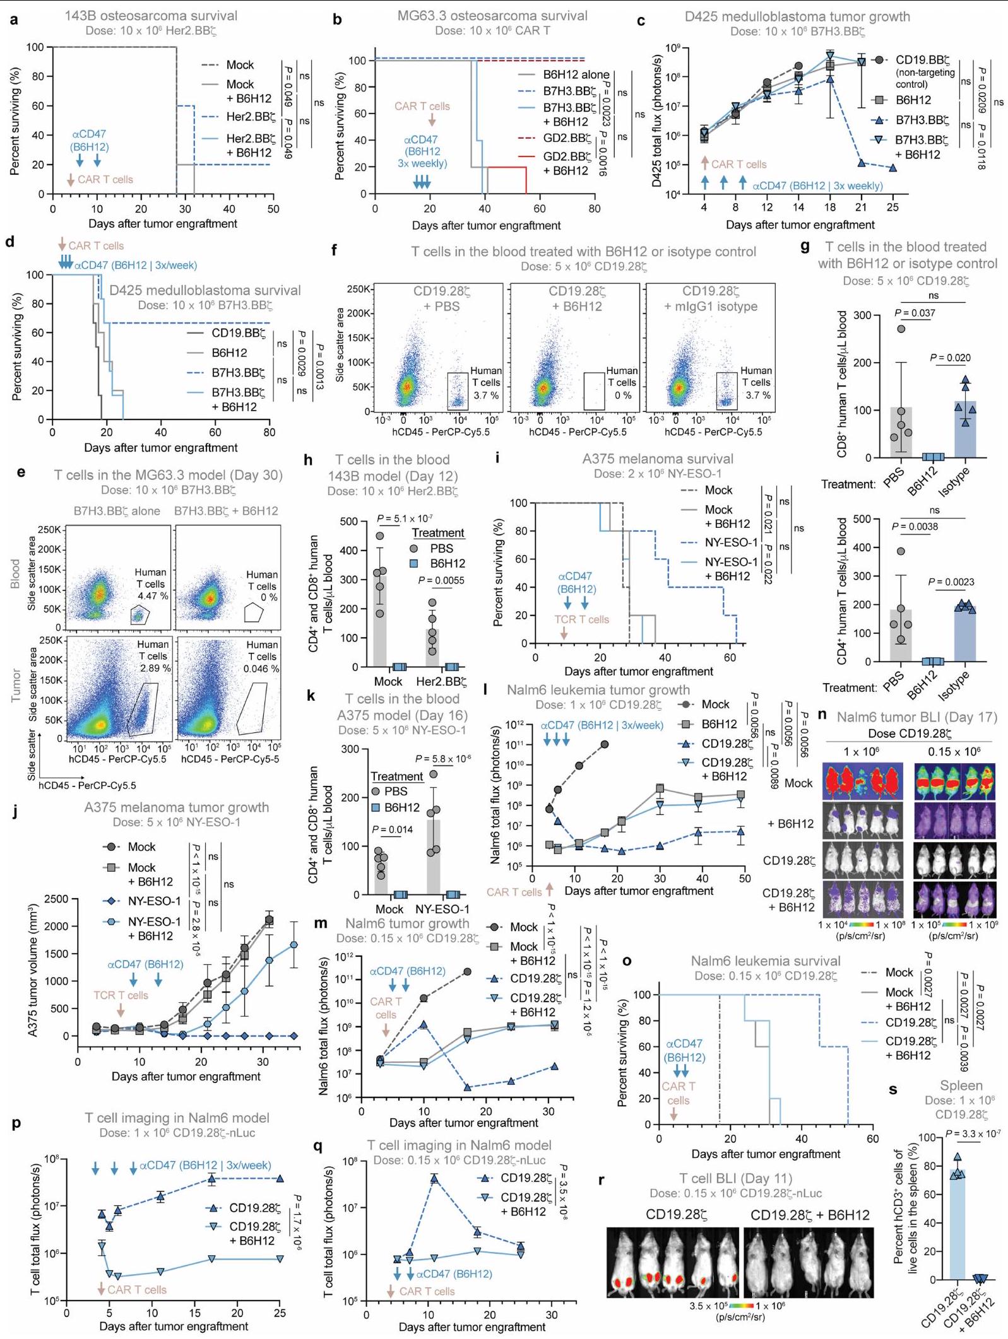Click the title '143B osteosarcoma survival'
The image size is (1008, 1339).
pos(151,16)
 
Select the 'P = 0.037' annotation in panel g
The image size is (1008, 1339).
pos(915,313)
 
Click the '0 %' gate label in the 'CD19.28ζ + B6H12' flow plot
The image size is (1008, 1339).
pos(622,395)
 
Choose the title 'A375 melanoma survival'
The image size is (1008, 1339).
pos(658,459)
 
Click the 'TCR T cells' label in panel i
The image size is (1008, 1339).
pos(581,619)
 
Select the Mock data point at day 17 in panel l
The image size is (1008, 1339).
pos(605,744)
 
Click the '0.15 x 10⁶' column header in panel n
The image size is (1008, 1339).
pos(954,752)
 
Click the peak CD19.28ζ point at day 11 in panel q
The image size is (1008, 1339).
pos(434,1178)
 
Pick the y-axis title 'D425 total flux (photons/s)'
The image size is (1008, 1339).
pos(657,120)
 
